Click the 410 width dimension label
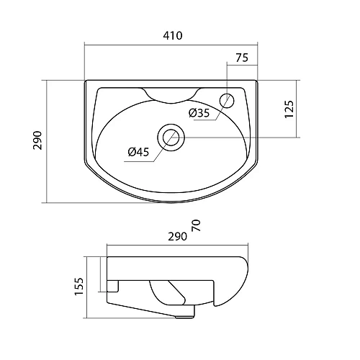173,35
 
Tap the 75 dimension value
242,58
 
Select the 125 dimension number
289,109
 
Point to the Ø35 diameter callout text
199,113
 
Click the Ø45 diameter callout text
138,152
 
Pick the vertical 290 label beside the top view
37,140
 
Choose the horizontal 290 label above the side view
177,237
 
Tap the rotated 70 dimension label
196,225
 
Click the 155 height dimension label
79,287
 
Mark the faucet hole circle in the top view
227,100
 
